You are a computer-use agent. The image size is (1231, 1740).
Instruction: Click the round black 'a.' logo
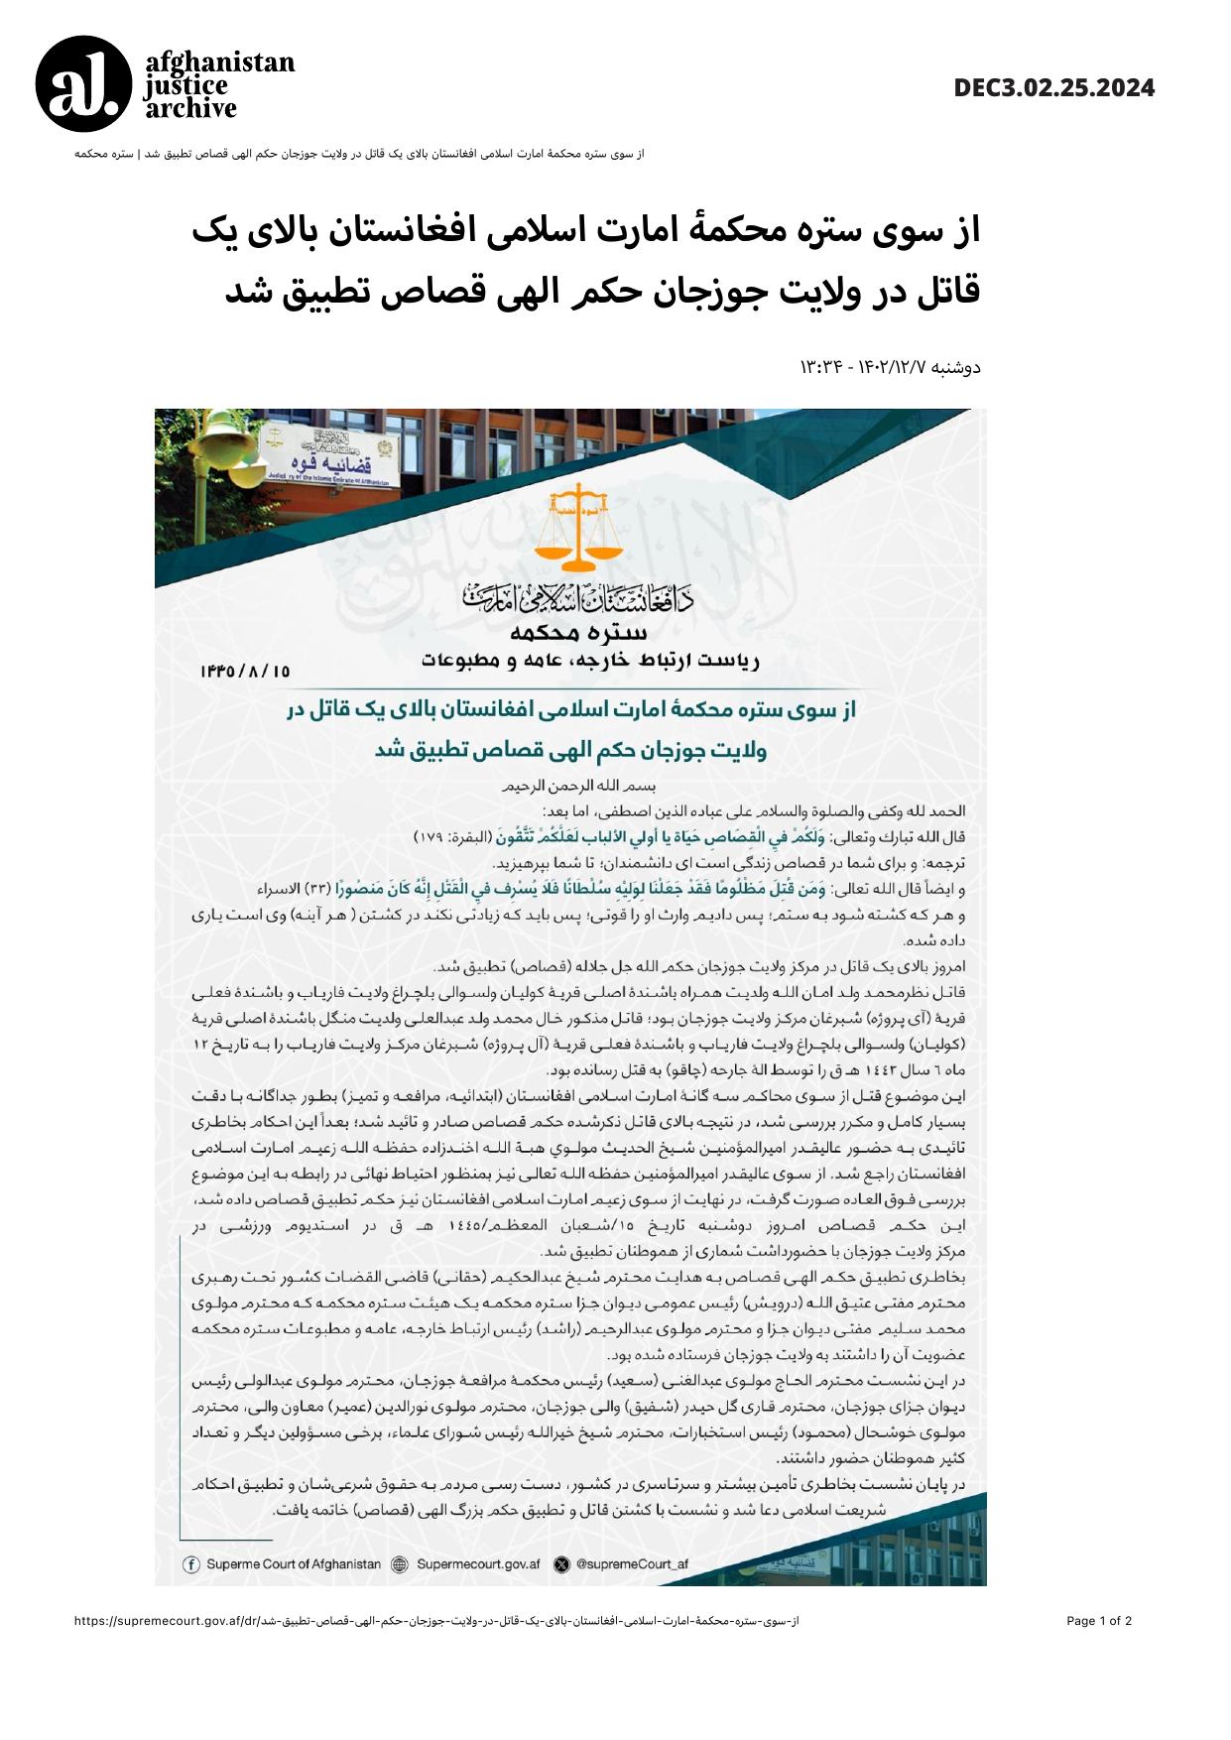[83, 84]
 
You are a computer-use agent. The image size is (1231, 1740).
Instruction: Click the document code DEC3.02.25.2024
[1054, 88]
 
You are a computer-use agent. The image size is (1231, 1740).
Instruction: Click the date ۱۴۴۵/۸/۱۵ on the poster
[245, 671]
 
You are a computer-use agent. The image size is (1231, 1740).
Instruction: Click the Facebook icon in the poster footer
[191, 1564]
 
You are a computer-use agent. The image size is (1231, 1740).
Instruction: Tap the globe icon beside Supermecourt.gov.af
[400, 1564]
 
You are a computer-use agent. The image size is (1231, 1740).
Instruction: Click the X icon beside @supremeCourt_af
[562, 1564]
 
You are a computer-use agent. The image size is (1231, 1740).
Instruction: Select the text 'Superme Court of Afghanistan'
[293, 1564]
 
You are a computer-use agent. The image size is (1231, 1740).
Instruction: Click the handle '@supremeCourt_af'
[631, 1564]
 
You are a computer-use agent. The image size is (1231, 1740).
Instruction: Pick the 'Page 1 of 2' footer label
[1099, 1621]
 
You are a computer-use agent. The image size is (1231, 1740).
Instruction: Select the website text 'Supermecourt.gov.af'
[478, 1564]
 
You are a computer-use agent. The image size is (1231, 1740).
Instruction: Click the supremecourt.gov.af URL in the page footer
[436, 1621]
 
